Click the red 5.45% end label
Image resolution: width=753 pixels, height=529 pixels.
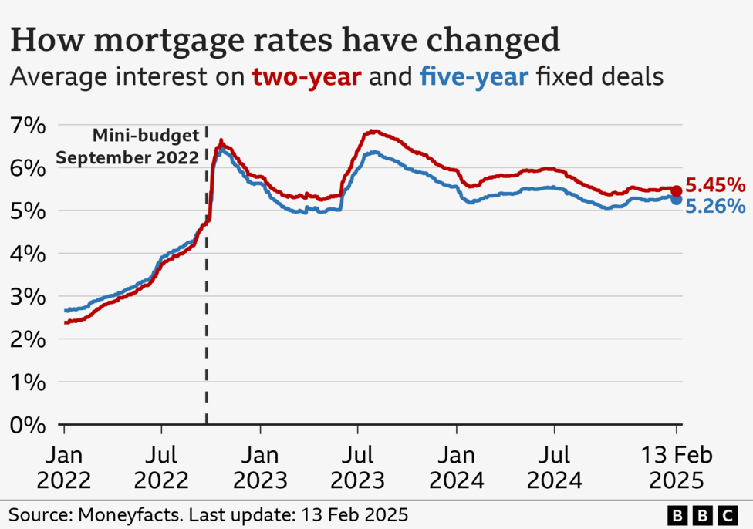tap(715, 185)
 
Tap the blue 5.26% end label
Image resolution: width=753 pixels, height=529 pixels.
tap(715, 207)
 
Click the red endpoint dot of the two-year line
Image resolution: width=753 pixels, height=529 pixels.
tap(676, 190)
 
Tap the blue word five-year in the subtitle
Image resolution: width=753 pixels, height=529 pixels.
tap(474, 77)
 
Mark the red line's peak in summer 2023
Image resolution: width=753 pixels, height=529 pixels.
tap(373, 131)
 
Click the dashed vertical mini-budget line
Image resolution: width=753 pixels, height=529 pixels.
tap(207, 308)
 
